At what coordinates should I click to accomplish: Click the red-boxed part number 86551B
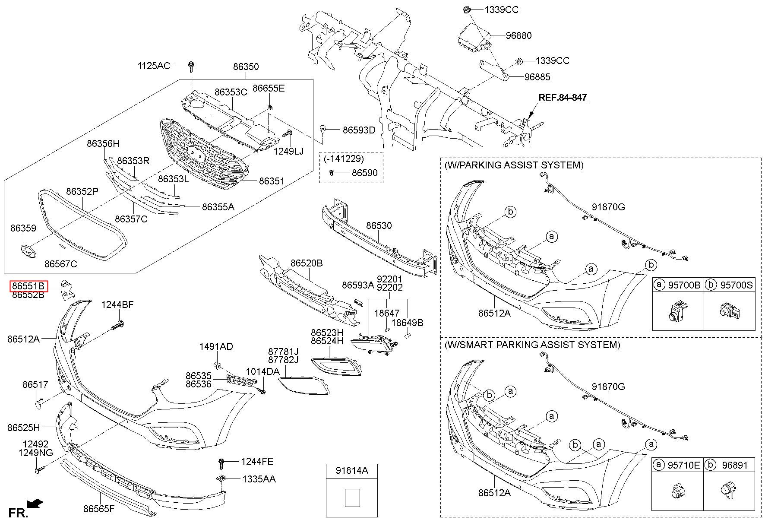tap(28, 286)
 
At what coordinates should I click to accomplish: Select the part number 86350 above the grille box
tap(246, 67)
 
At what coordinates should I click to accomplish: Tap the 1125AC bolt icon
tap(190, 67)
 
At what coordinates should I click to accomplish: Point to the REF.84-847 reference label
tap(562, 98)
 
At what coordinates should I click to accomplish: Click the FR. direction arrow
tap(35, 503)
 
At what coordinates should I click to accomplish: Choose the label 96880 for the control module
tap(518, 35)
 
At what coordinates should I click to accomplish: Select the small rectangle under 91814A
tap(352, 498)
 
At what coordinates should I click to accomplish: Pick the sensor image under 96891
tap(727, 491)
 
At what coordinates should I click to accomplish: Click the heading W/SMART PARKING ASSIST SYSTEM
tap(532, 345)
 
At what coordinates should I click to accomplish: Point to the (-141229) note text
tap(344, 159)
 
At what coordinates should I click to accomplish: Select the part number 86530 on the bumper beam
tap(379, 225)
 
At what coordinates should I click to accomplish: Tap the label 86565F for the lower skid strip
tap(99, 508)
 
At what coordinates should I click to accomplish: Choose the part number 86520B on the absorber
tap(307, 263)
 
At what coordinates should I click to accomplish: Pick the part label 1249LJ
tap(288, 151)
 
